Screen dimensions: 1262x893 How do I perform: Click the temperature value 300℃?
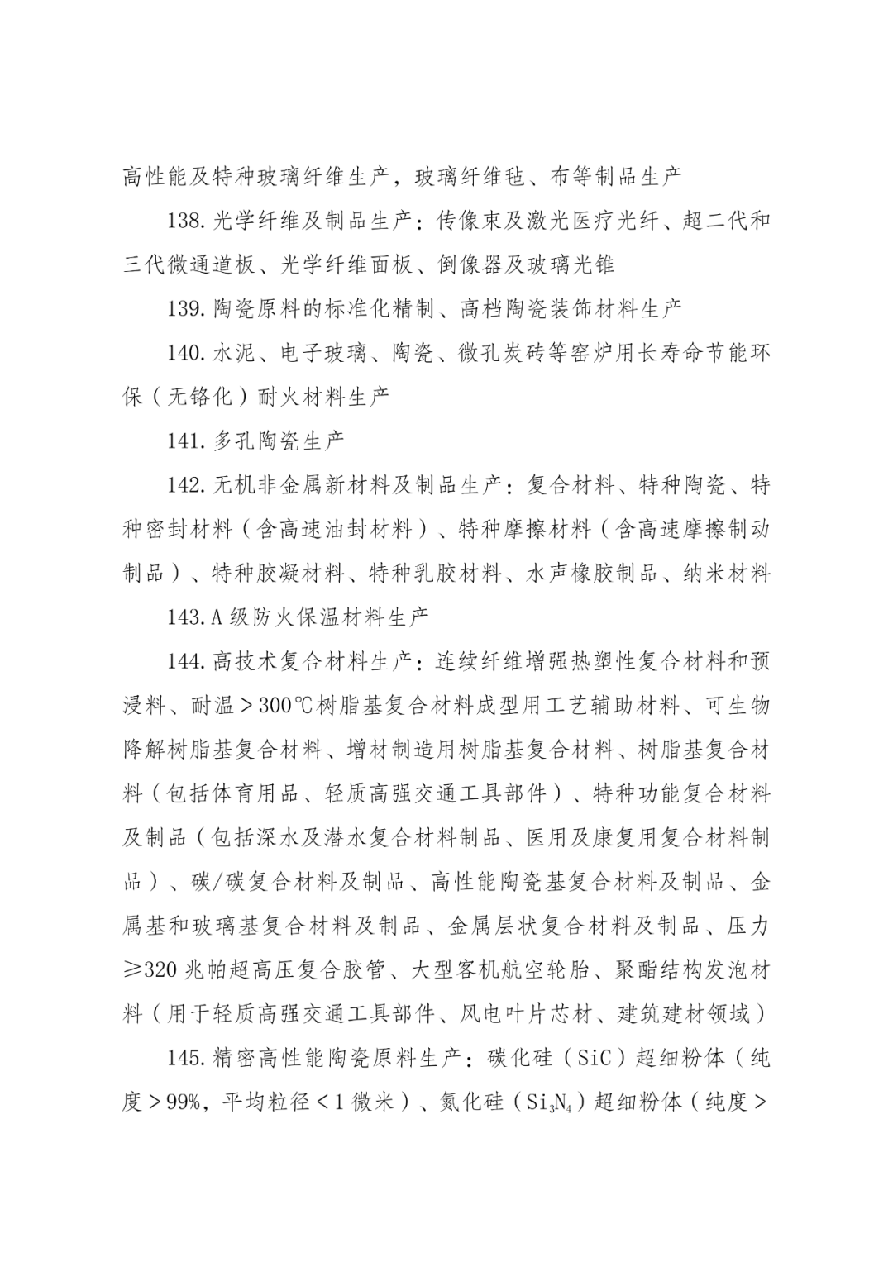pyautogui.click(x=281, y=706)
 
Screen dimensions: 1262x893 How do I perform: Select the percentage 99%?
pyautogui.click(x=180, y=1103)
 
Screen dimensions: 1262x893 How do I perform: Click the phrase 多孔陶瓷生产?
pyautogui.click(x=279, y=441)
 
